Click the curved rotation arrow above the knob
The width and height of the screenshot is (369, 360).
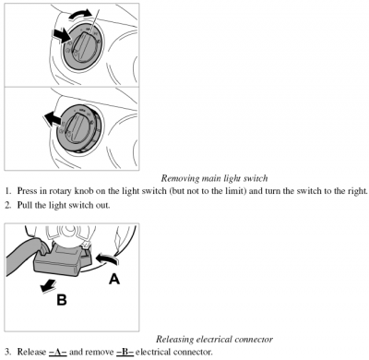(79, 14)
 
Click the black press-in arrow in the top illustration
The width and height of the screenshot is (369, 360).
(63, 35)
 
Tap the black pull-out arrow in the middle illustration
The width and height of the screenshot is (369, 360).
(53, 119)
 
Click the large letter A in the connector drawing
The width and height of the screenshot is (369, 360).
(114, 279)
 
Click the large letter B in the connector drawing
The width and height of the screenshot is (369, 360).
(62, 299)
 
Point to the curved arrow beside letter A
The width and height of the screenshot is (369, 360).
(107, 259)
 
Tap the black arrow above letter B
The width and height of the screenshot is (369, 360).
(49, 285)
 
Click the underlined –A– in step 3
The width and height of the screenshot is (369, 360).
(58, 352)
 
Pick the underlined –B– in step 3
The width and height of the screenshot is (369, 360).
(125, 352)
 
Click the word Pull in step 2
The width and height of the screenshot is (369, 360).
(24, 205)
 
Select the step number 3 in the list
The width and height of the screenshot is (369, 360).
(8, 352)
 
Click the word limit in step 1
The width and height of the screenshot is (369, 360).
(238, 191)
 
